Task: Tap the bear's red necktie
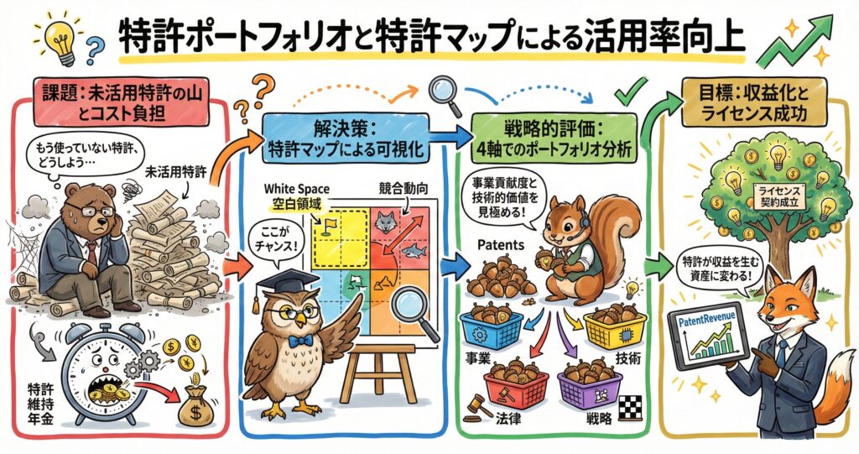(x=91, y=253)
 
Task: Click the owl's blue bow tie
(x=299, y=341)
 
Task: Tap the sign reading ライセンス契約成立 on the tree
(x=779, y=196)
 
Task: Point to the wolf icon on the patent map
(x=385, y=223)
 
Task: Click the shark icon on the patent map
(x=414, y=251)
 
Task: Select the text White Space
(x=297, y=189)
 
